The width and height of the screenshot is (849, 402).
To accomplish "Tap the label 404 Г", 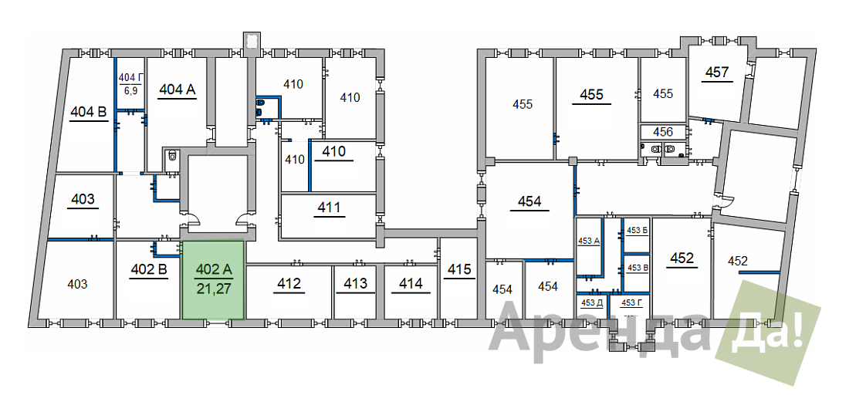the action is point(130,79).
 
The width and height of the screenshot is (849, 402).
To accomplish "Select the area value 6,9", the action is point(130,90).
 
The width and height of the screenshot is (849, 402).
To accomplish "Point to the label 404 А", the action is point(177,90).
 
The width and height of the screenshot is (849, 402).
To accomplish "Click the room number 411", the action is point(330,208).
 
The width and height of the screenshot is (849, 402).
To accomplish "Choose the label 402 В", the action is point(148,269).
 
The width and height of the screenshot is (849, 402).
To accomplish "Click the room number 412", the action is point(289,283).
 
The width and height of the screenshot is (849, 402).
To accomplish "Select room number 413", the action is point(355,283).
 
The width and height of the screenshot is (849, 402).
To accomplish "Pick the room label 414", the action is point(411,283).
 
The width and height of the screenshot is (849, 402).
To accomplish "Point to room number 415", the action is point(460,269).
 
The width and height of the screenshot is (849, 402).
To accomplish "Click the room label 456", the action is point(663,131).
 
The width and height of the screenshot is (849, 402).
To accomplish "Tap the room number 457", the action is point(718,72).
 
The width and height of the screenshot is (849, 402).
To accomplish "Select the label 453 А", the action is point(589,242).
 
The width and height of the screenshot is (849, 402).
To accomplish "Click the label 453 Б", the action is point(638,230).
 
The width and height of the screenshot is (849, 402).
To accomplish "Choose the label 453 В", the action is point(638,267).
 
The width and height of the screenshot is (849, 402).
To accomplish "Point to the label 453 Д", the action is point(591,302).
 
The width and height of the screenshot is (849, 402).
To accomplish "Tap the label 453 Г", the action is point(631,302).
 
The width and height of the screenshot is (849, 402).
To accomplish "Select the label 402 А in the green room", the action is point(214,269).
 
